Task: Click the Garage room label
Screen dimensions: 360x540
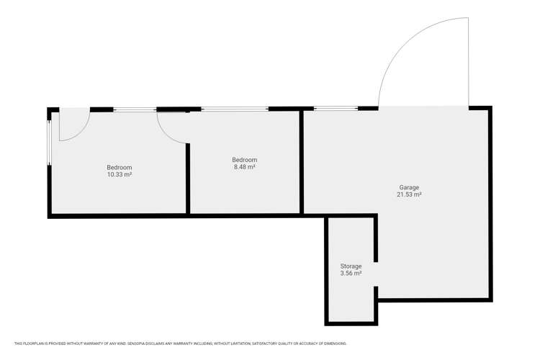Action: coord(408,188)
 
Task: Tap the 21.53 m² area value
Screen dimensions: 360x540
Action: coord(408,195)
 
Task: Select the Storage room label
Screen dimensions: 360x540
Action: coord(351,266)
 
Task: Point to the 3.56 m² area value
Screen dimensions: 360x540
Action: coord(351,274)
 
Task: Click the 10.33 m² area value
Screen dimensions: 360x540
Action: coord(119,175)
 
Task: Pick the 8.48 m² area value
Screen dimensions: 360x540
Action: coord(244,167)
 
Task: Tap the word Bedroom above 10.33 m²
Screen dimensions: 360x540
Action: coord(119,168)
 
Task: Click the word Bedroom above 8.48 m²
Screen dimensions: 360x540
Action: coord(244,160)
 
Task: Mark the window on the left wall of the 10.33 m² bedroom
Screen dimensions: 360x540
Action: coord(50,141)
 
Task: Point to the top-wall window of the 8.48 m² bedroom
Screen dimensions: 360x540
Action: coord(235,109)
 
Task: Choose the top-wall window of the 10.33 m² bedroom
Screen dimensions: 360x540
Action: coord(135,109)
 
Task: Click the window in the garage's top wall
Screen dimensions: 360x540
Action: coord(336,109)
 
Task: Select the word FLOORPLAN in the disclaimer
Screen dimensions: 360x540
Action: coord(35,343)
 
